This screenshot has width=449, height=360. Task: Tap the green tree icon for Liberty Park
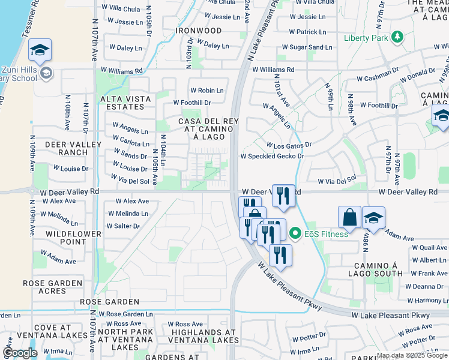[396, 38]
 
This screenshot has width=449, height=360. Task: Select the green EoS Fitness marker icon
[295, 233]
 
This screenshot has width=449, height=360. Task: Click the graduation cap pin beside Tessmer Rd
[40, 50]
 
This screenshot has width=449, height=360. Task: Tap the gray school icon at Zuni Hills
[47, 73]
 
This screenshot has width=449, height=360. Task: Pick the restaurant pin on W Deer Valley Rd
[283, 195]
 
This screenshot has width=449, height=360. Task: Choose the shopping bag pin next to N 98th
[349, 217]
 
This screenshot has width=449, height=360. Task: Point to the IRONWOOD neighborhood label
[198, 30]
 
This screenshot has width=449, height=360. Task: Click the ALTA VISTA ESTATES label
[122, 103]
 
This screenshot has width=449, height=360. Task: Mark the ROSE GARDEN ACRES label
[52, 287]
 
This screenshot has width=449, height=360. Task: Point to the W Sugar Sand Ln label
[310, 47]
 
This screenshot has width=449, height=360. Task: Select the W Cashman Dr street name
[378, 79]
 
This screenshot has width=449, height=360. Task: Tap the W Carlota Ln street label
[131, 144]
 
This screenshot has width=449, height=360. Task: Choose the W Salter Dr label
[122, 226]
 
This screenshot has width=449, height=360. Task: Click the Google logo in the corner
[19, 353]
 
